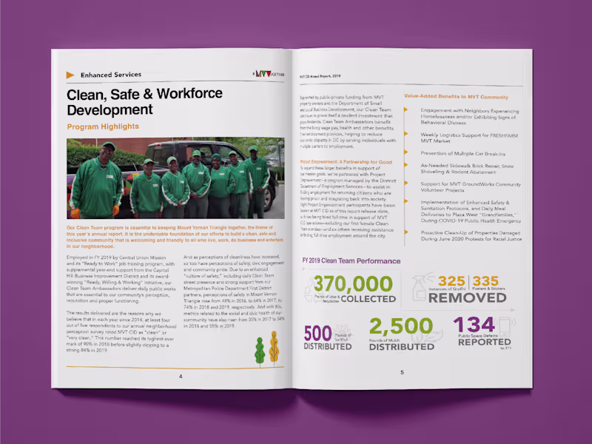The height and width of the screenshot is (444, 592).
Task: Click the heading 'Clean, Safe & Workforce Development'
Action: pos(144,101)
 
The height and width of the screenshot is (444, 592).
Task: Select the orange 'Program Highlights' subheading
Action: pos(102,127)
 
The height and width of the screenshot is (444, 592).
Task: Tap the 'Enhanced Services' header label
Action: pos(110,75)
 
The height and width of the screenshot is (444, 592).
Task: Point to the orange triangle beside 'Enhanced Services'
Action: pos(70,75)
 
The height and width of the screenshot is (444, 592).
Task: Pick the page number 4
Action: pos(180,376)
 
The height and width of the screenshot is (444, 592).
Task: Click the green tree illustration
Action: pos(260,350)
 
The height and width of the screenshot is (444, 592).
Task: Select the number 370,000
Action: pos(353,284)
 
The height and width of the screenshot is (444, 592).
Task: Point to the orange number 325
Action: pos(451,281)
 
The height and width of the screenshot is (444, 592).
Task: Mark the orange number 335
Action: pos(485,281)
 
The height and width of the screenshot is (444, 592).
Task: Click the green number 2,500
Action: pos(400,326)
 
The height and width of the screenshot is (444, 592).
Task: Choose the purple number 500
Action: pos(317,332)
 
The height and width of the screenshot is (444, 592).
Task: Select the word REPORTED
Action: pos(483,342)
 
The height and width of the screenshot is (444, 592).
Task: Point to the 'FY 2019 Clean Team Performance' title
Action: pos(351,260)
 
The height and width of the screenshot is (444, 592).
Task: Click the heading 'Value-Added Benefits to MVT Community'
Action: pos(456,97)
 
